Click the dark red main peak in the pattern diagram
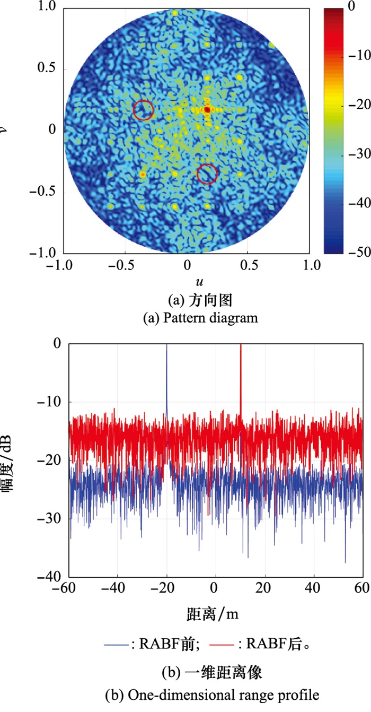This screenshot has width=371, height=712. pyautogui.click(x=207, y=109)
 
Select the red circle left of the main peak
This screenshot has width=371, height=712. pyautogui.click(x=143, y=110)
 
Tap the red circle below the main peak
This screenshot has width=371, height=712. pyautogui.click(x=207, y=173)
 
